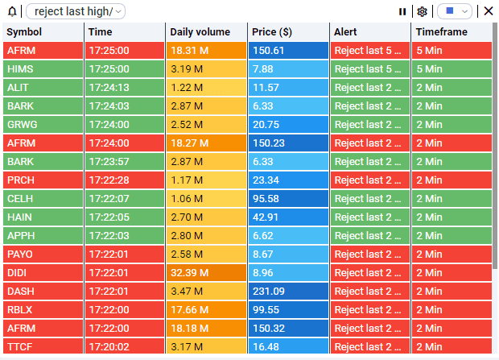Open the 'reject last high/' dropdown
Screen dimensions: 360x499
pyautogui.click(x=76, y=11)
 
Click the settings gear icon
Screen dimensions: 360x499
pyautogui.click(x=422, y=11)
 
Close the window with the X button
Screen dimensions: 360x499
pyautogui.click(x=488, y=11)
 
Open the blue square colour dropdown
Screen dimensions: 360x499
pyautogui.click(x=455, y=11)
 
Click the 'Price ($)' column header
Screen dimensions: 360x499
pyautogui.click(x=288, y=32)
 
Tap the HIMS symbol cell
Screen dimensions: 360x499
pyautogui.click(x=43, y=69)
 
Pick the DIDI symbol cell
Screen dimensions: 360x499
pyautogui.click(x=43, y=273)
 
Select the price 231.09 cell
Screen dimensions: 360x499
pyautogui.click(x=288, y=292)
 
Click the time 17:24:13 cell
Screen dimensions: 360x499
pyautogui.click(x=125, y=88)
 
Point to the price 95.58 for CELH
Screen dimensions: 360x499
pyautogui.click(x=288, y=199)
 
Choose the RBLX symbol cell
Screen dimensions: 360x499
pyautogui.click(x=43, y=310)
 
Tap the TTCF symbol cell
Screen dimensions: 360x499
pyautogui.click(x=43, y=347)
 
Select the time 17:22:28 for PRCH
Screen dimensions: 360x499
pyautogui.click(x=125, y=180)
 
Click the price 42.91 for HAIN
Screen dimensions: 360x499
pyautogui.click(x=288, y=217)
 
